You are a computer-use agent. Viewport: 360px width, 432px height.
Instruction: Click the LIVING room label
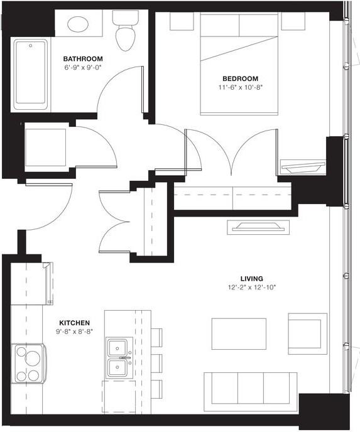click(x=251, y=278)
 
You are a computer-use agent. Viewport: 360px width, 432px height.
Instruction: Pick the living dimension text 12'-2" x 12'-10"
click(x=251, y=287)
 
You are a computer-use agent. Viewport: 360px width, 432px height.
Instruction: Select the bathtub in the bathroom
click(x=30, y=72)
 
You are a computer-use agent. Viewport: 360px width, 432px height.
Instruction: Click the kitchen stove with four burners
click(x=28, y=364)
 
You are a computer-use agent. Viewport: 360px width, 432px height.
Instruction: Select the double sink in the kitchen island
click(x=117, y=357)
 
